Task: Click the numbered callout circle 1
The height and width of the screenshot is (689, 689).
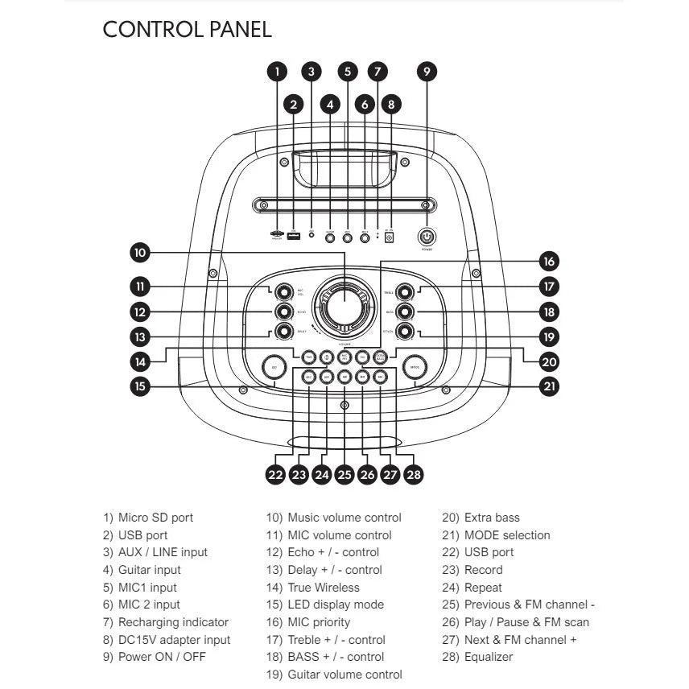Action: coord(277,71)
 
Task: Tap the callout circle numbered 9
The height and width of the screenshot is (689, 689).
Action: coord(427,71)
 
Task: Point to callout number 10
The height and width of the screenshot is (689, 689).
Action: coord(140,253)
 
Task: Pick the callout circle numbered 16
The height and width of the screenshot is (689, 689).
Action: coord(549,262)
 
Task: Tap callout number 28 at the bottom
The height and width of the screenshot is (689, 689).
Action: coord(414,475)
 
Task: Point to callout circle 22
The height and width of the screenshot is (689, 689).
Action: coord(276,475)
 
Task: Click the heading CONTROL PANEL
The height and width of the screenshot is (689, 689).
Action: coord(188,30)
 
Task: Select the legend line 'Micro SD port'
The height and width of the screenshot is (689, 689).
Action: coord(155,518)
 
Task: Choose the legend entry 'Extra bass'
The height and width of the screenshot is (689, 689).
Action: coord(492,518)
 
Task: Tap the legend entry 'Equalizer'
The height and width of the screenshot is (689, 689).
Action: coord(488,657)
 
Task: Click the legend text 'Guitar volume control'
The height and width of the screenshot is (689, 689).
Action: coord(344,675)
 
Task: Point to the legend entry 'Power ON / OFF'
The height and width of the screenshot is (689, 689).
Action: coord(162,657)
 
